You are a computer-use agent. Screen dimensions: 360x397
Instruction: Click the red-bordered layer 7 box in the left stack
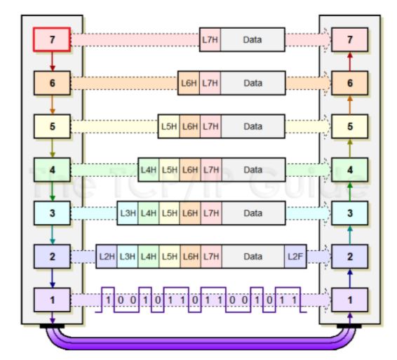(53, 39)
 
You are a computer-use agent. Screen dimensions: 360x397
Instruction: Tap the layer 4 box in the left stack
(53, 169)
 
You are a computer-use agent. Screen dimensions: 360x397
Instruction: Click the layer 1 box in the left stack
(53, 300)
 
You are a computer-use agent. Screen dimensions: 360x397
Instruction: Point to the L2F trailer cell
(295, 256)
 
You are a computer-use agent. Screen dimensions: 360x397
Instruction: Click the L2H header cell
(106, 256)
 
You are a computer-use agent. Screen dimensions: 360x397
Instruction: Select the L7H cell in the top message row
(210, 39)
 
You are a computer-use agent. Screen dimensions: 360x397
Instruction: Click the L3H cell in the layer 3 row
(127, 213)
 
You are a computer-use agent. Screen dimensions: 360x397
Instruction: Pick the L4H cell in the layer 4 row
(148, 169)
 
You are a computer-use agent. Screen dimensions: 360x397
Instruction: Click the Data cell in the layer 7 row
(253, 39)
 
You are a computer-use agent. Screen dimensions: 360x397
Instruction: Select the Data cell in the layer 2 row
(253, 256)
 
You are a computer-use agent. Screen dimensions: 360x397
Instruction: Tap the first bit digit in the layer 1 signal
(109, 300)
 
